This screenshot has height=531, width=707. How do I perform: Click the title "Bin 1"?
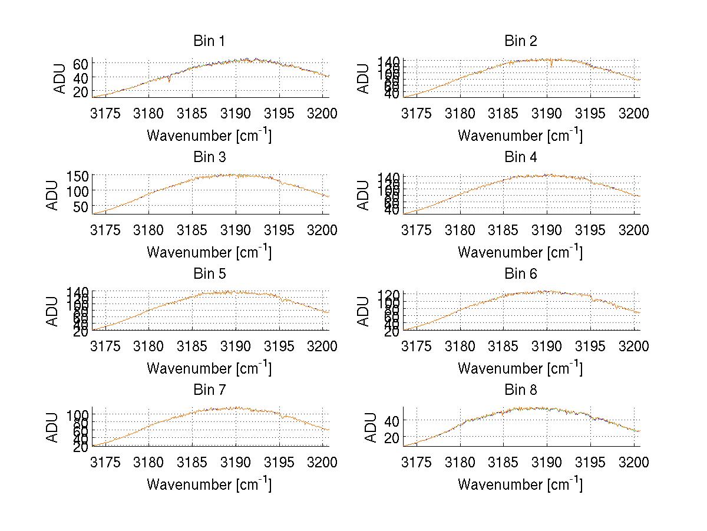[x=209, y=41]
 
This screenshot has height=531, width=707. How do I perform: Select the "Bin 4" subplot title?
[x=521, y=157]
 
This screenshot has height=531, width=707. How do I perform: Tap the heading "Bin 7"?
[x=209, y=390]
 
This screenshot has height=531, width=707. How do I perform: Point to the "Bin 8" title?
[x=521, y=390]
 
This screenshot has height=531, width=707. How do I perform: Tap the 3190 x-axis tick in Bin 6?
[x=547, y=346]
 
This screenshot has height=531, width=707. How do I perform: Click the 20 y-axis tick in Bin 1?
[x=81, y=91]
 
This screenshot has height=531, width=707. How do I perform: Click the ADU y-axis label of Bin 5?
[x=52, y=311]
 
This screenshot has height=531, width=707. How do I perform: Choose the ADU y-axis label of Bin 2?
[x=364, y=78]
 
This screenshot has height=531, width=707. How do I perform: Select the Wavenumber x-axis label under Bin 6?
[x=521, y=368]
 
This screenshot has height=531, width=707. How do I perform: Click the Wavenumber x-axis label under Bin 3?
[x=209, y=252]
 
